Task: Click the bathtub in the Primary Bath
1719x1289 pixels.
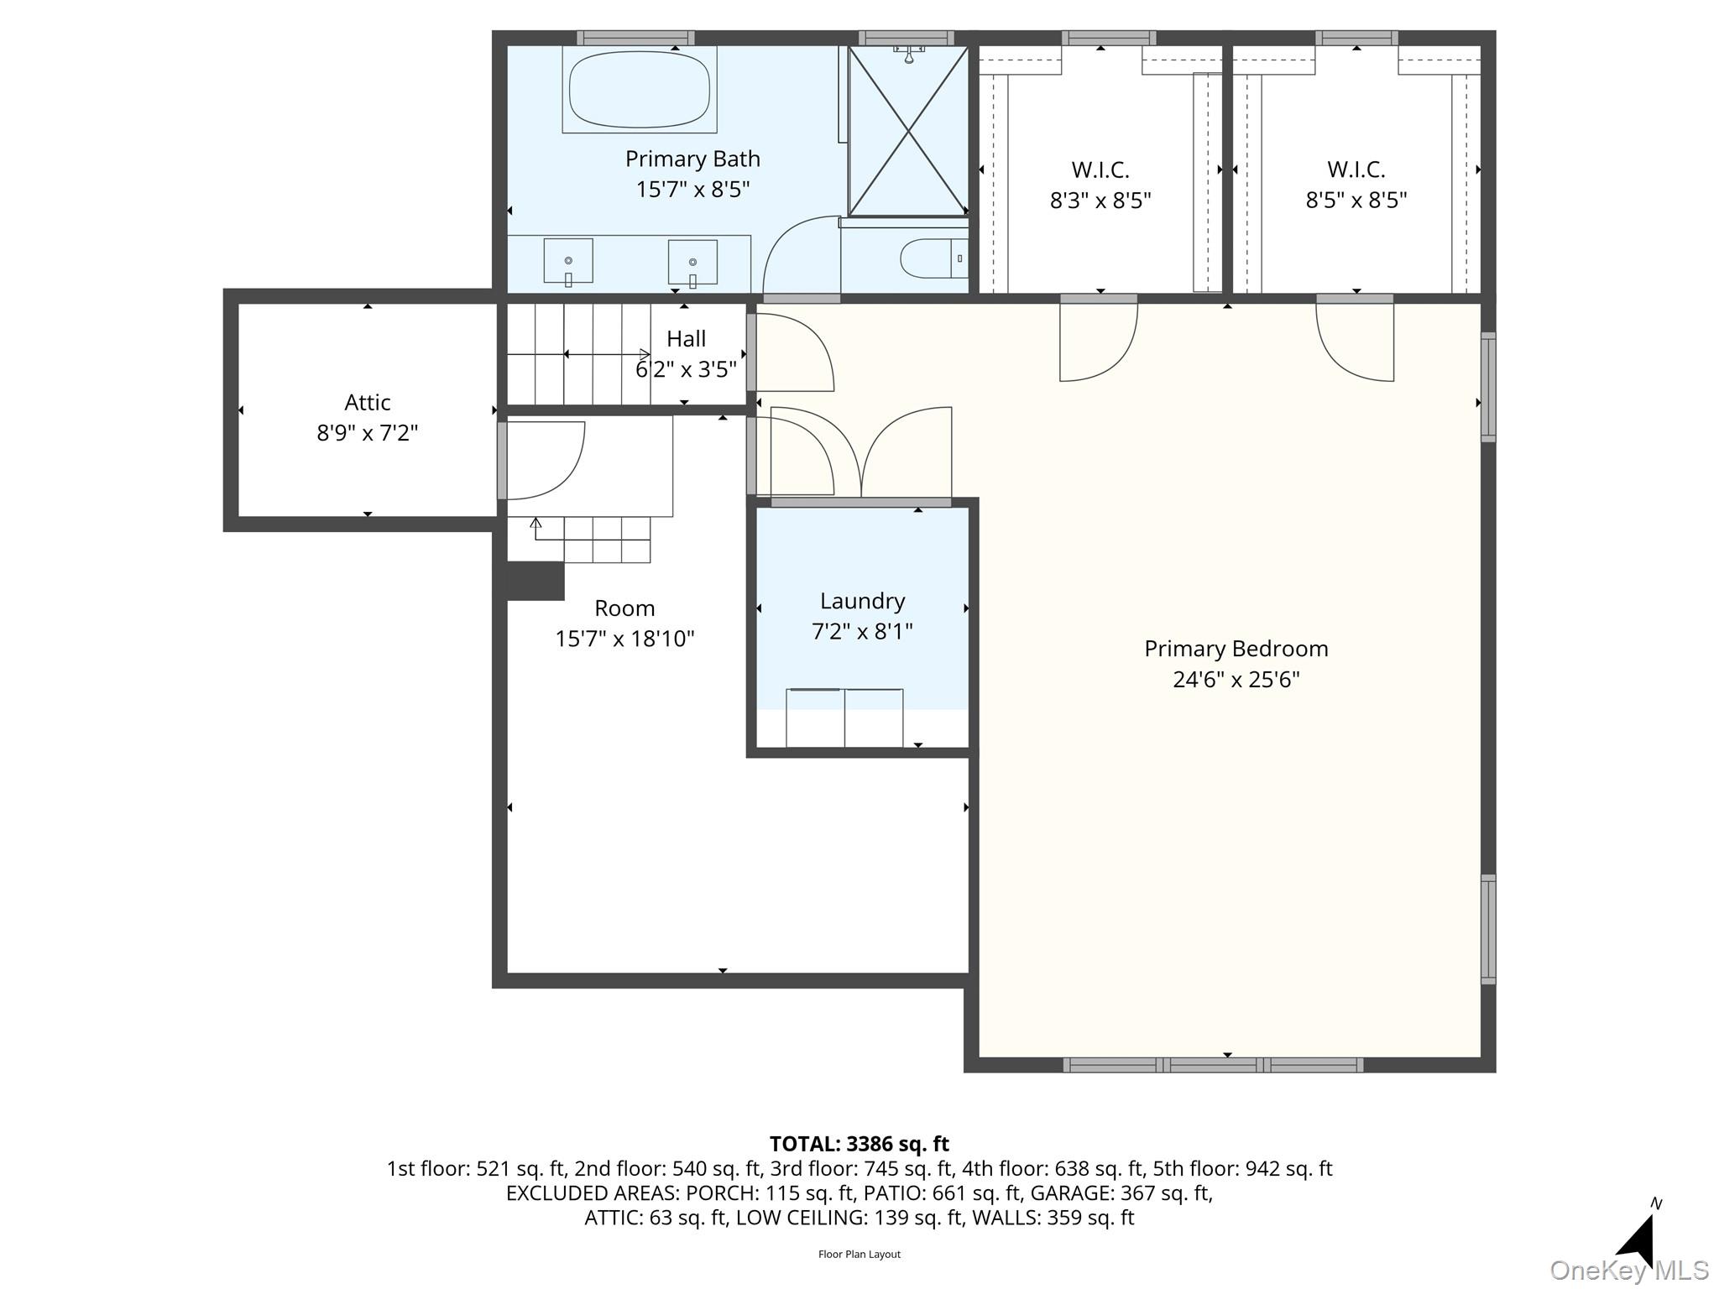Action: pos(640,89)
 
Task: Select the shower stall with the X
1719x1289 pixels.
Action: pos(908,131)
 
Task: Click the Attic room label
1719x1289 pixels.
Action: pos(368,403)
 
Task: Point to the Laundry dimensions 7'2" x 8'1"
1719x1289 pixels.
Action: pos(862,631)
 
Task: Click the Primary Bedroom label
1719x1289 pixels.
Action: pos(1236,649)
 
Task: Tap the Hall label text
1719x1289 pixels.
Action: pos(686,339)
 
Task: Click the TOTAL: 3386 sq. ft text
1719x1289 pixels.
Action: pos(859,1144)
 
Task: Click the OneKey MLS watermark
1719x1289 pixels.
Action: pos(1629,1271)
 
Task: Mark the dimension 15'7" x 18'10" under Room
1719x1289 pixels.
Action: pos(624,639)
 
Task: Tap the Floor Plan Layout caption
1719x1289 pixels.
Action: pos(859,1255)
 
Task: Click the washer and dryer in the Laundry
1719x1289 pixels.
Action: pos(844,718)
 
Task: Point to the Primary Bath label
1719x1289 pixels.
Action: pos(692,159)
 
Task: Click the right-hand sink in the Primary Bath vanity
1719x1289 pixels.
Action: pos(692,262)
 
